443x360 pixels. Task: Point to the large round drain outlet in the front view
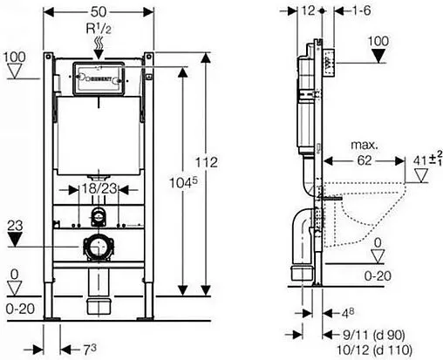coord(98,247)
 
